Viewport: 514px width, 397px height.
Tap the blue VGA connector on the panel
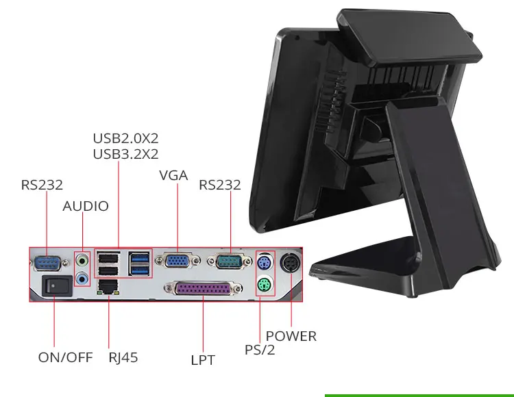click(178, 261)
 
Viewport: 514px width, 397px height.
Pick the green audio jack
click(83, 261)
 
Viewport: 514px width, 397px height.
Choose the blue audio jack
click(83, 278)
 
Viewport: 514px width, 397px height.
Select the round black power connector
click(292, 263)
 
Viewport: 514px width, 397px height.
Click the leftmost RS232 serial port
click(47, 261)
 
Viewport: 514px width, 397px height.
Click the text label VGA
click(173, 175)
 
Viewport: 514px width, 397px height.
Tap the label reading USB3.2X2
click(125, 154)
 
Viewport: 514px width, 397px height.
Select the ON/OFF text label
click(64, 357)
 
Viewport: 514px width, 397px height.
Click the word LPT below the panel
click(203, 359)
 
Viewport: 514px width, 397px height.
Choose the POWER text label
click(291, 336)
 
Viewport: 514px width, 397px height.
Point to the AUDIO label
click(86, 206)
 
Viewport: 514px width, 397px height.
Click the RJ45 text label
click(123, 357)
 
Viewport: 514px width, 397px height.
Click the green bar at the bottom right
click(419, 395)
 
